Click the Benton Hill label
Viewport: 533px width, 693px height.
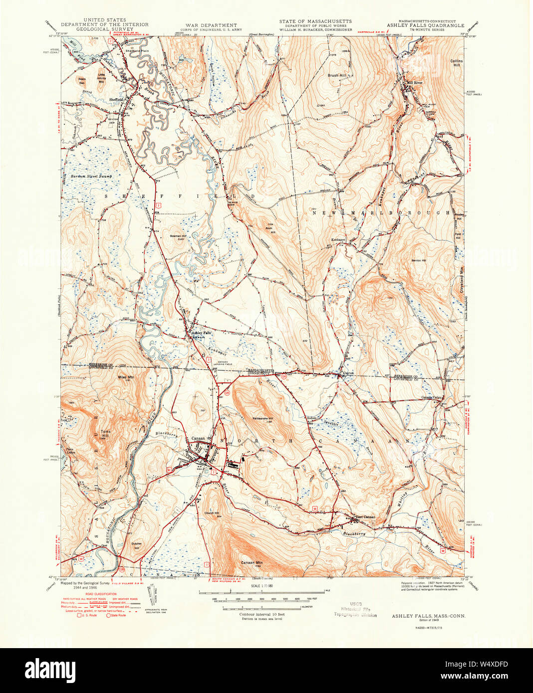(x=418, y=260)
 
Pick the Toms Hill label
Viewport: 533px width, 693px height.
(x=106, y=433)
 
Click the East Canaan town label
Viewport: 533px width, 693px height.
(x=365, y=517)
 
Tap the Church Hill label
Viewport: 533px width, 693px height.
(x=212, y=513)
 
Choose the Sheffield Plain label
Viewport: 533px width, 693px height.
(x=137, y=50)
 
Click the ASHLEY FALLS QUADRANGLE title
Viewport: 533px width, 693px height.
(x=426, y=25)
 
